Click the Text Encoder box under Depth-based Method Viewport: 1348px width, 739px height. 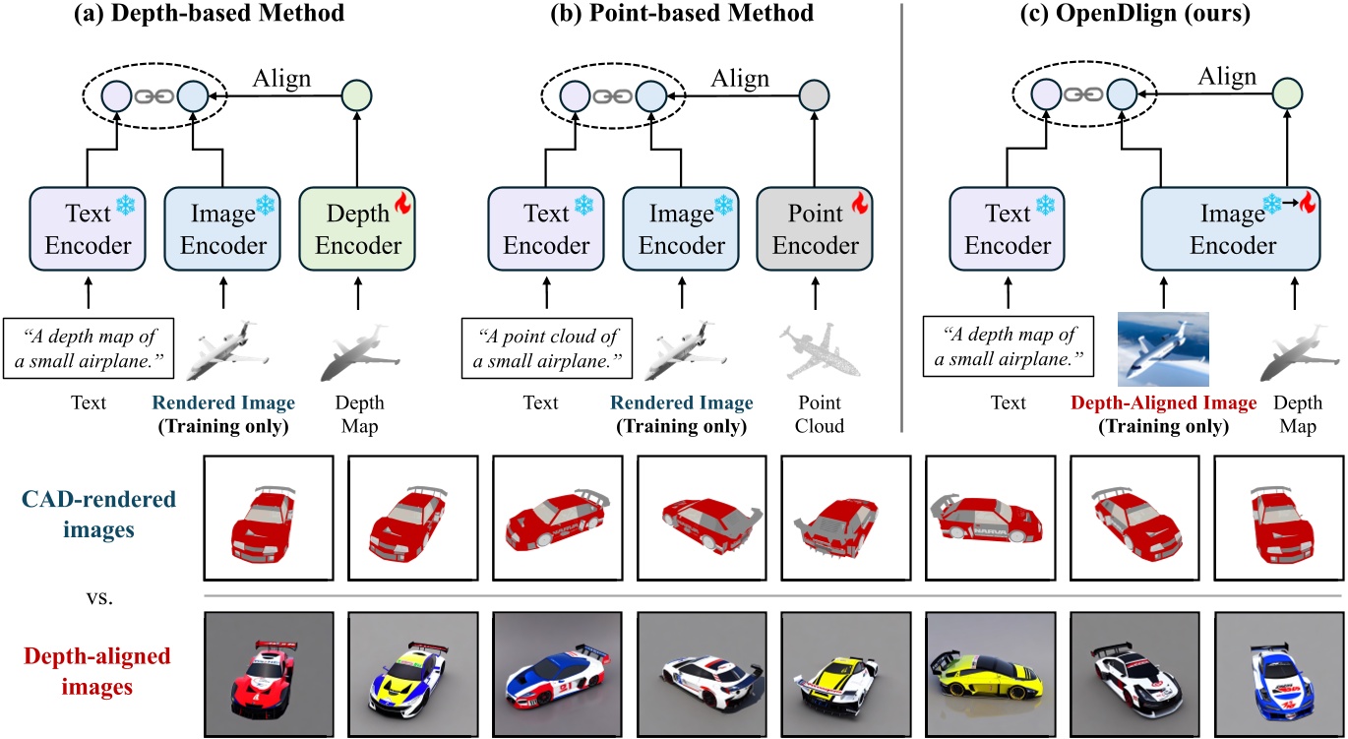click(x=89, y=228)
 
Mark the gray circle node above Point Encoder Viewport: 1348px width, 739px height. click(x=813, y=96)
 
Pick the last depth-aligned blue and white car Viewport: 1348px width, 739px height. click(x=1276, y=675)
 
